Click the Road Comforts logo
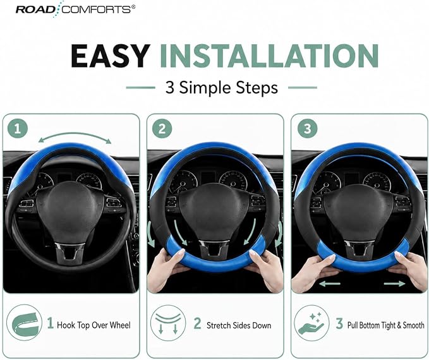coord(75,9)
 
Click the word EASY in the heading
coord(111,56)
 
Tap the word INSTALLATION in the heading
coord(269,56)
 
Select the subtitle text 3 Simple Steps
coord(221,88)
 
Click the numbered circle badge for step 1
coord(18,128)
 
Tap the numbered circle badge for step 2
coord(162,128)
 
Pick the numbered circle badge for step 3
coord(307,128)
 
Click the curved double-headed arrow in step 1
coord(75,134)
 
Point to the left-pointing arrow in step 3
coord(329,284)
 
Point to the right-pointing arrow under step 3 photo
coord(394,284)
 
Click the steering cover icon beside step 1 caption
coord(24,323)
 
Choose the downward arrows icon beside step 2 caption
coord(168,323)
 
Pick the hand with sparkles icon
coord(311,323)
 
